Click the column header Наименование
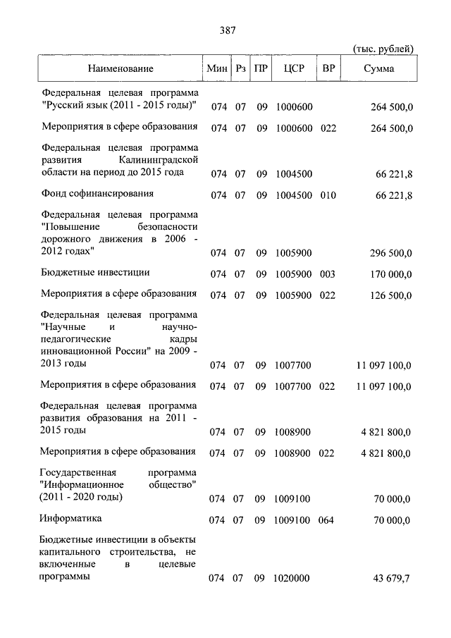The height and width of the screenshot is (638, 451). pos(121,68)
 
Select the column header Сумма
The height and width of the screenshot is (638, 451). pos(379,68)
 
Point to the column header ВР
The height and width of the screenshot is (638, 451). pos(328,68)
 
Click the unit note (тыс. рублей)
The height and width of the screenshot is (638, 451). pos(382,47)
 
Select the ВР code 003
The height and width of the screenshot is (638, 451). pos(328,274)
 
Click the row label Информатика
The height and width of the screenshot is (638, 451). pos(71,518)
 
